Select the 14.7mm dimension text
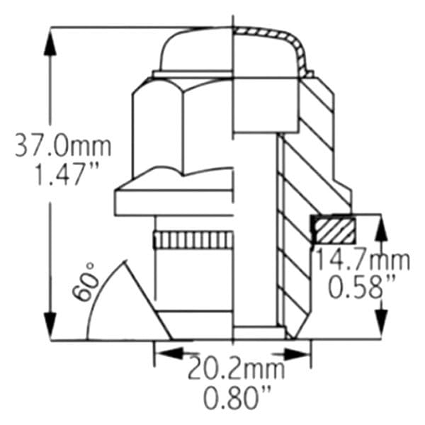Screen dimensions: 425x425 (x=363, y=261)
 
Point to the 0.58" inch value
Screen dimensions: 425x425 (x=361, y=286)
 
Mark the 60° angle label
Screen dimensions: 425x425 (x=85, y=282)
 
